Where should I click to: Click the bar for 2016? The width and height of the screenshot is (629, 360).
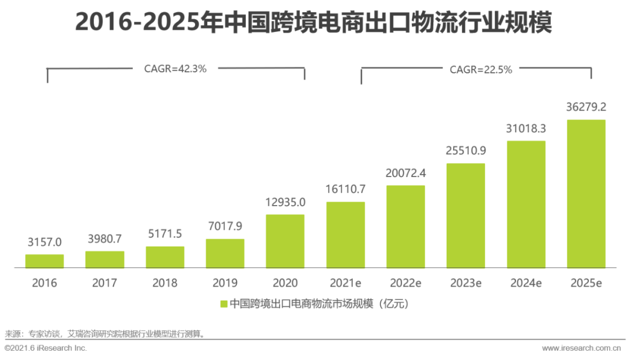pyautogui.click(x=44, y=261)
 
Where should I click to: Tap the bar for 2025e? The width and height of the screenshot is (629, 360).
pyautogui.click(x=586, y=194)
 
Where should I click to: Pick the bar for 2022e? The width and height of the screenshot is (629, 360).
pyautogui.click(x=405, y=227)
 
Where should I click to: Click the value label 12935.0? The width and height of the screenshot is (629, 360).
pyautogui.click(x=285, y=202)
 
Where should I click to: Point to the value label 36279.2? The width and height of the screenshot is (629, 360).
pyautogui.click(x=586, y=107)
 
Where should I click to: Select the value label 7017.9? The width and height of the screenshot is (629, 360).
pyautogui.click(x=225, y=227)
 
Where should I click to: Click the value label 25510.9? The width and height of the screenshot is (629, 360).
pyautogui.click(x=466, y=151)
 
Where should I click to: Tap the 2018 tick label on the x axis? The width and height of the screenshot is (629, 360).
pyautogui.click(x=165, y=283)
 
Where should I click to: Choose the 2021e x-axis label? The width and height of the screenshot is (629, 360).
pyautogui.click(x=346, y=283)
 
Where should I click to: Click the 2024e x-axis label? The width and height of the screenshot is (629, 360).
pyautogui.click(x=526, y=283)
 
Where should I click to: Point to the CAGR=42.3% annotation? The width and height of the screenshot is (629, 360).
pyautogui.click(x=175, y=68)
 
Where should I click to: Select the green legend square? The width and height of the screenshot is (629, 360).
pyautogui.click(x=223, y=303)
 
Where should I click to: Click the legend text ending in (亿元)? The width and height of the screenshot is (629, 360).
pyautogui.click(x=320, y=303)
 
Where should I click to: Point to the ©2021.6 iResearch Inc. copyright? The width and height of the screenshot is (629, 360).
pyautogui.click(x=45, y=348)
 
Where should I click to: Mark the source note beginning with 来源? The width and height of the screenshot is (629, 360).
pyautogui.click(x=105, y=334)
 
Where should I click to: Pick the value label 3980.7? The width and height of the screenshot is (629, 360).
pyautogui.click(x=105, y=239)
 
